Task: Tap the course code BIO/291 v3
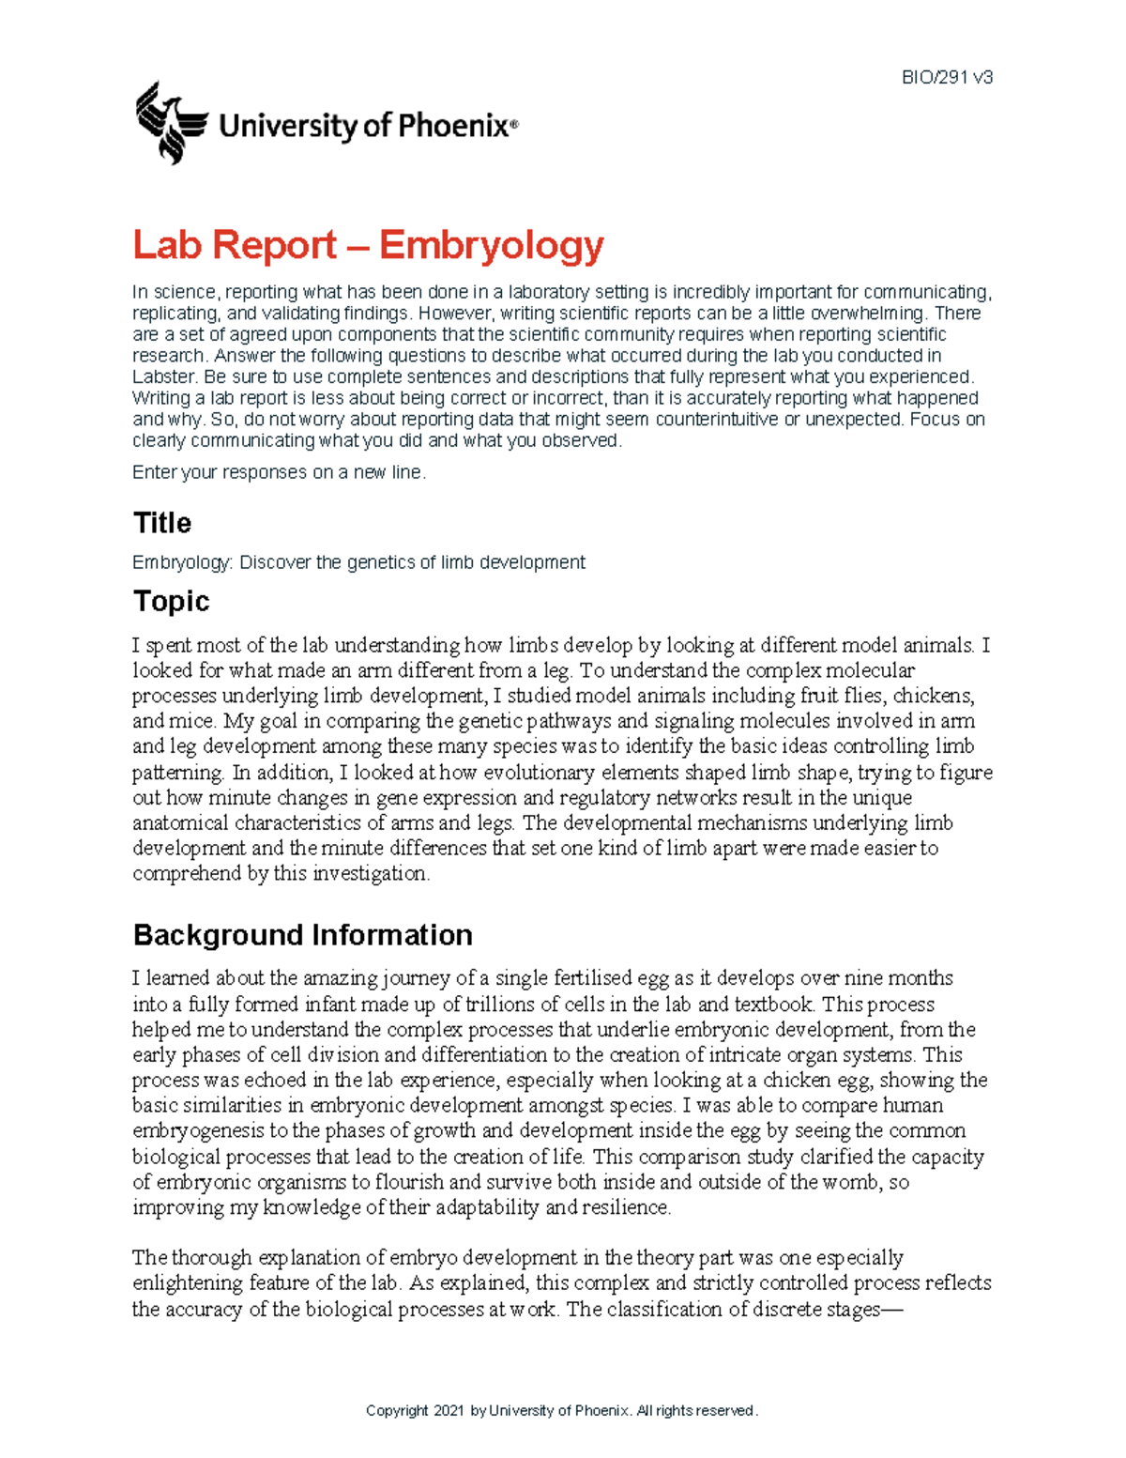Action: point(947,78)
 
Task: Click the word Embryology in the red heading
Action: point(491,246)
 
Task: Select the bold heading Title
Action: point(162,523)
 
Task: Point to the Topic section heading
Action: point(171,601)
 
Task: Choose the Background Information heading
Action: point(302,935)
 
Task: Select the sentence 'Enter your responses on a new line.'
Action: point(279,472)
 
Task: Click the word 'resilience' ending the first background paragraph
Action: point(626,1207)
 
